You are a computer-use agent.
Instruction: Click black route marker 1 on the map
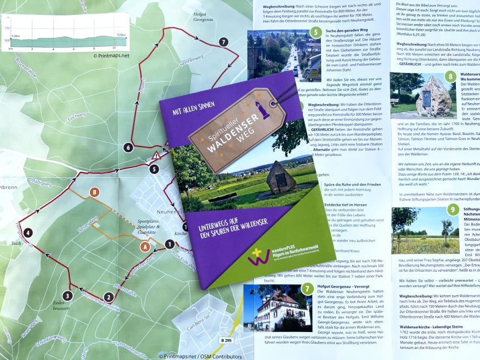pos(170,244)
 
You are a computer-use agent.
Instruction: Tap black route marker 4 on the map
pos(28,233)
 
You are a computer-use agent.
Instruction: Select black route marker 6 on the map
pos(128,147)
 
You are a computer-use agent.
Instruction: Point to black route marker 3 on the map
pos(67,296)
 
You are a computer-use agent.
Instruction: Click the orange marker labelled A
pos(145,247)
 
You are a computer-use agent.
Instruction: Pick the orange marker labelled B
pos(94,193)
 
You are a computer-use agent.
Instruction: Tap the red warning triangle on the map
pos(156,156)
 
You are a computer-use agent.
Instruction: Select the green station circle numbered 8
pos(450,77)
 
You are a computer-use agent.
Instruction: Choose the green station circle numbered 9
pos(453,210)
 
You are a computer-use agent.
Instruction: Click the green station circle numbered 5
pos(315,32)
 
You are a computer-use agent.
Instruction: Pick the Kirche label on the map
pos(180,233)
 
